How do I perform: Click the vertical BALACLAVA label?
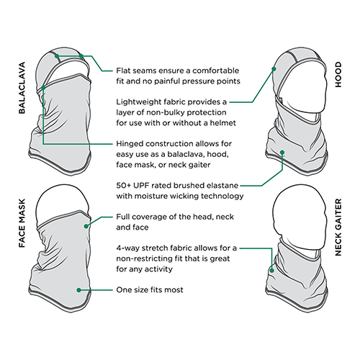coord(22,88)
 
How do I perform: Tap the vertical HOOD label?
coord(338,75)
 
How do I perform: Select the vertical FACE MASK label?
coord(22,223)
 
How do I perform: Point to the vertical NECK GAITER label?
coord(338,227)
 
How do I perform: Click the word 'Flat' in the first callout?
coord(123,71)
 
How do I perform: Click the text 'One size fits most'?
coord(150,290)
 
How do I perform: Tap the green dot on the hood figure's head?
coord(274,69)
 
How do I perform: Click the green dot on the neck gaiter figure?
coord(272,271)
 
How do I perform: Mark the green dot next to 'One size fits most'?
coord(78,290)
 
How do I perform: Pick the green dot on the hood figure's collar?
coord(282,153)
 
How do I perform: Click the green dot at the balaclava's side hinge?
coord(43,88)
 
